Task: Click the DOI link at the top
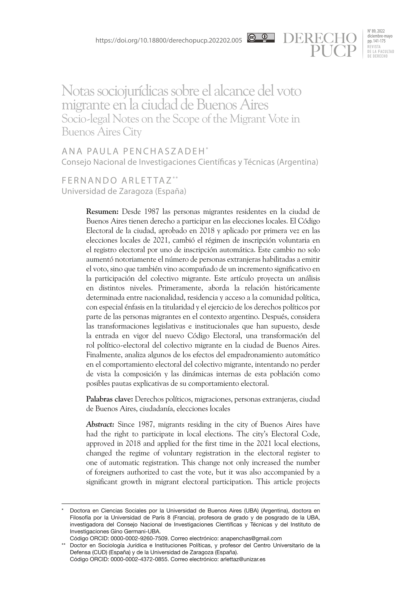[169, 40]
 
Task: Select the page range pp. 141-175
[376, 41]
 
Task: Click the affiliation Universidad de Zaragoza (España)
[124, 191]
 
